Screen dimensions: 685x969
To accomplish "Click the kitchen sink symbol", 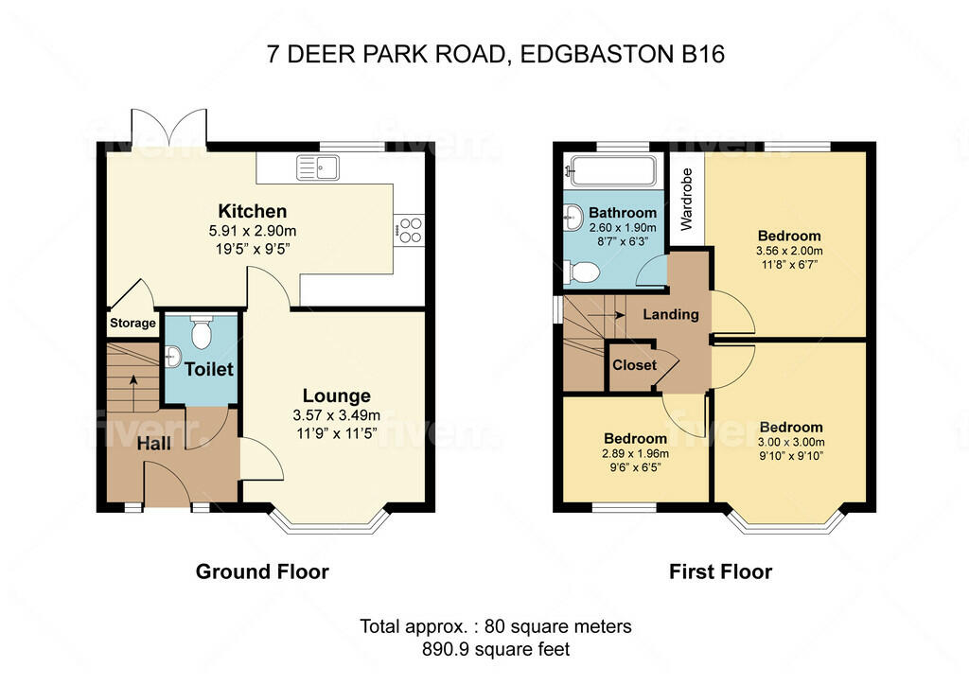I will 319,167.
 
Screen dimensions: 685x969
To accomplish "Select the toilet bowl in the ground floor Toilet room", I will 200,332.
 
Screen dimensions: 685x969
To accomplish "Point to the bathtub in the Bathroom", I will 611,171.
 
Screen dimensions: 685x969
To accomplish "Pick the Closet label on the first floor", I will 634,365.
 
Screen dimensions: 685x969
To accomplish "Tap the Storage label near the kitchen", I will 132,323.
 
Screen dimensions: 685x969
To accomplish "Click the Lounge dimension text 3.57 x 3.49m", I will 337,414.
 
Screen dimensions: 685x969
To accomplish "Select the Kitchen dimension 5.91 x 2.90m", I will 253,230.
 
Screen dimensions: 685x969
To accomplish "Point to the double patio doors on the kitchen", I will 170,128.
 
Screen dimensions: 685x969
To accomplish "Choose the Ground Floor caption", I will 262,571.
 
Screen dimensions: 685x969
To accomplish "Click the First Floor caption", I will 720,571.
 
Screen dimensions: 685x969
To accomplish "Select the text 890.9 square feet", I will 497,649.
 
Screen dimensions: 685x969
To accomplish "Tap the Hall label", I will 153,443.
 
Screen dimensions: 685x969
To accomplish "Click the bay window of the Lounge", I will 329,523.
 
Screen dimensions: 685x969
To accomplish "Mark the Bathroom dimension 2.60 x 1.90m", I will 622,228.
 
